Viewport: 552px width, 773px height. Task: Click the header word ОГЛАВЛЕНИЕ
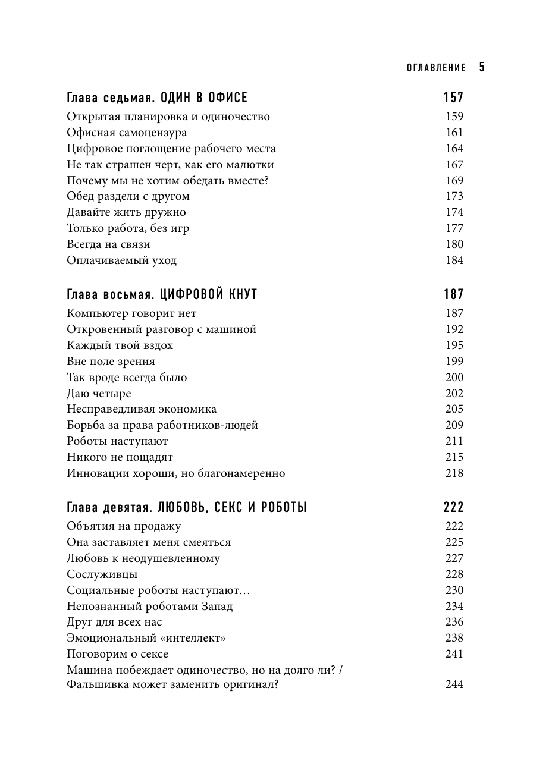436,68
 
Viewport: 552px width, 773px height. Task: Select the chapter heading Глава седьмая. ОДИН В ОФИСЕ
157,98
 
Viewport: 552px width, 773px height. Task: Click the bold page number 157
453,98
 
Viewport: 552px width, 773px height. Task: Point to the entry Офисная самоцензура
127,133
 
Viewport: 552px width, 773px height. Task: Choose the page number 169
454,181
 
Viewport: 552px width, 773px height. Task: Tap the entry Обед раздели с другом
128,196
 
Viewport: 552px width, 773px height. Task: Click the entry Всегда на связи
108,244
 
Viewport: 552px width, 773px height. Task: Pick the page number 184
454,260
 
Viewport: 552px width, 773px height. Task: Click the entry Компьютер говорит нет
131,313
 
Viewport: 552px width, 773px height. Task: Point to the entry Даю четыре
99,394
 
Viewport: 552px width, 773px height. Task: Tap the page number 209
454,425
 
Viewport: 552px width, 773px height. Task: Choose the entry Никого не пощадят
120,457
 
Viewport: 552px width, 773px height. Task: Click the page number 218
454,473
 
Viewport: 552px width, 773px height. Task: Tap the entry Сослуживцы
102,574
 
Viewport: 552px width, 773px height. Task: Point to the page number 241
454,654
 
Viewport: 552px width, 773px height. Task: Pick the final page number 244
454,684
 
